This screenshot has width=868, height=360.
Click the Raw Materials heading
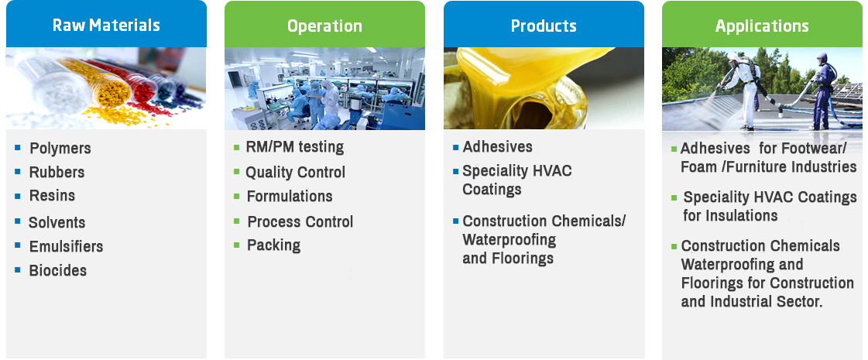click(x=106, y=26)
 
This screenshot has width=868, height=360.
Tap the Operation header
click(x=324, y=26)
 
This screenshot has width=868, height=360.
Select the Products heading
click(x=544, y=26)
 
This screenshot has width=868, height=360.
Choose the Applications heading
click(x=762, y=26)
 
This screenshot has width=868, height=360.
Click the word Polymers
click(x=60, y=149)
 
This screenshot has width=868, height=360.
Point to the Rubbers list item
click(x=57, y=172)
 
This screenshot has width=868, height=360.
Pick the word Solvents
click(x=57, y=223)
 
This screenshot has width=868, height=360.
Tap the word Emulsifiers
click(x=67, y=246)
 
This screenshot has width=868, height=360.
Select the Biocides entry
click(x=58, y=271)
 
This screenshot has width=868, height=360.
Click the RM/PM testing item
click(x=295, y=147)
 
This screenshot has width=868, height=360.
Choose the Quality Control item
click(x=296, y=173)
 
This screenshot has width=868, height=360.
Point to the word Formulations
click(x=290, y=197)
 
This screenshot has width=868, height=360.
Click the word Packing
click(x=274, y=245)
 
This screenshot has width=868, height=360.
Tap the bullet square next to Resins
click(x=18, y=196)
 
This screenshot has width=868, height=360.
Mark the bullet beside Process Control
click(x=237, y=221)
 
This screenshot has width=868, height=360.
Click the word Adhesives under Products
click(x=498, y=147)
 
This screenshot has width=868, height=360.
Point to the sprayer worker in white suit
click(x=743, y=91)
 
